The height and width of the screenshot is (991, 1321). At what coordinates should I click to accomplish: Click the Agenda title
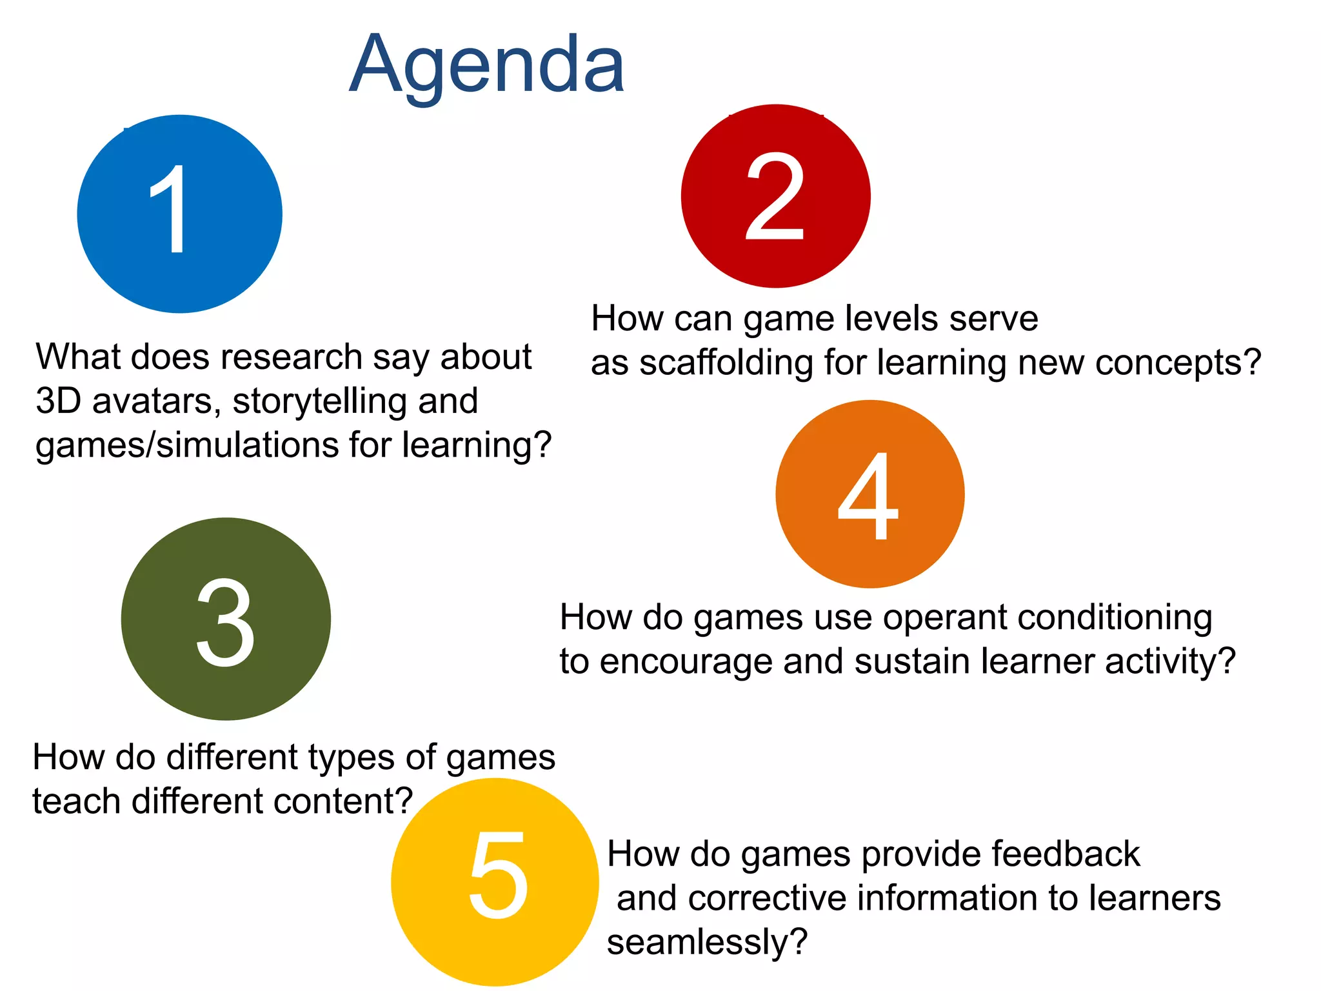pyautogui.click(x=487, y=65)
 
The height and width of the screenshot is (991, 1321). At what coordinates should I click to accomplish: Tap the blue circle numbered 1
pyautogui.click(x=179, y=214)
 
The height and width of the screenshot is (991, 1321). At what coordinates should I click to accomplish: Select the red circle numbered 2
pyautogui.click(x=775, y=196)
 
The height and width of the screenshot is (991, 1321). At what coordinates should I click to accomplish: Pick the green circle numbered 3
pyautogui.click(x=226, y=619)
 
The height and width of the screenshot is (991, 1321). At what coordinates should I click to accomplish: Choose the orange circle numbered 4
pyautogui.click(x=869, y=494)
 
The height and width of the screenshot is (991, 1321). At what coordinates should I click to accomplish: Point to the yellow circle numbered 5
pyautogui.click(x=495, y=881)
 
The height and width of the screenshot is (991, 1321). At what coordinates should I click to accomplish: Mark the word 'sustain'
pyautogui.click(x=912, y=661)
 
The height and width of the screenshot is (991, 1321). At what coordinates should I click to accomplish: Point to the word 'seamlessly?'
pyautogui.click(x=707, y=943)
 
